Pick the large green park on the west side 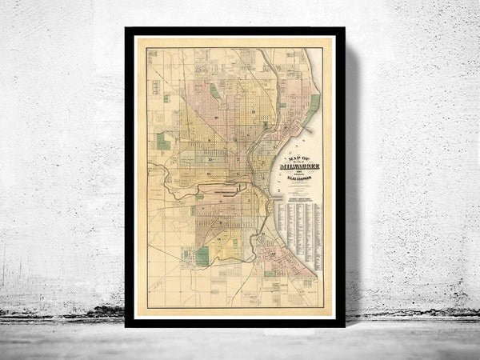(x=163, y=142)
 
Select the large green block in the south (x=202, y=255)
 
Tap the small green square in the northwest (x=167, y=98)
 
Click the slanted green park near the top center (x=214, y=91)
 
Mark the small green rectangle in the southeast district (x=270, y=274)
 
